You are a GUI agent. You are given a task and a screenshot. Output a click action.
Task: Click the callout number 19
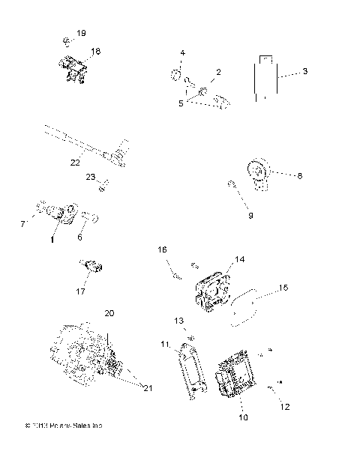coord(81,34)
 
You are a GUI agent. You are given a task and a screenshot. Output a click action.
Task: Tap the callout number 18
coord(95,52)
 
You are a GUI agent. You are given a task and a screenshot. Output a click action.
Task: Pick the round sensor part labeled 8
coord(259,174)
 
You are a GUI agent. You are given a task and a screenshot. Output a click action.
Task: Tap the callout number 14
coord(240,259)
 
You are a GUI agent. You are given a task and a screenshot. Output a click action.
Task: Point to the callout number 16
coord(161,249)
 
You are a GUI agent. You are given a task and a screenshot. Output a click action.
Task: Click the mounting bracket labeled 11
coord(193,369)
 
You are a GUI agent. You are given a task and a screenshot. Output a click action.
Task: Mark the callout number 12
coord(285,408)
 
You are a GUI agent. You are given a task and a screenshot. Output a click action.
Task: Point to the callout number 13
coord(178,321)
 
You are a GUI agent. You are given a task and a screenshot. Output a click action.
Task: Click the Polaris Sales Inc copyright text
coord(63,425)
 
